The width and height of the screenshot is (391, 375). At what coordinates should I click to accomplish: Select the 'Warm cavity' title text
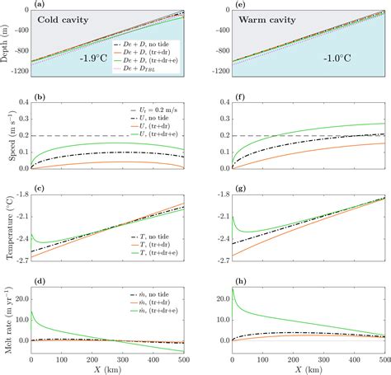(x=263, y=19)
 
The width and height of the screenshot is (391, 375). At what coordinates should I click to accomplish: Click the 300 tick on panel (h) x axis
(x=323, y=360)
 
